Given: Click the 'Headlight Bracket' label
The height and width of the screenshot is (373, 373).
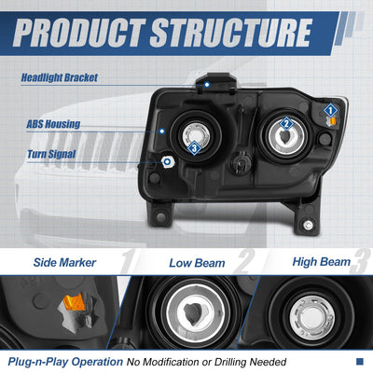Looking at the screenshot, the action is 60,77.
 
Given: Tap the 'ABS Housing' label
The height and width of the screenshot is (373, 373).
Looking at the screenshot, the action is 53,124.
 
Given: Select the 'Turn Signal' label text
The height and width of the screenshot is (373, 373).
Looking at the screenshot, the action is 51,154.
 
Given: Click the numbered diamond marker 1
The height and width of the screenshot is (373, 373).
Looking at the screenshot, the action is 330,110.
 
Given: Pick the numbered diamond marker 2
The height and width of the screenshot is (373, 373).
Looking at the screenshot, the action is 286,124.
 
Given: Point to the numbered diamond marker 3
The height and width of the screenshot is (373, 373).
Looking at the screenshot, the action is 194,148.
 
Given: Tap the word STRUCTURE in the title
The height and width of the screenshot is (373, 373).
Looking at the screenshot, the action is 231,33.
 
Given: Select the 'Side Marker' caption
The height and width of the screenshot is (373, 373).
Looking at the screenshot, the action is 64,263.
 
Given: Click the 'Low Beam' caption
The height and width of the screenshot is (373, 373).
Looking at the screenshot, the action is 197,263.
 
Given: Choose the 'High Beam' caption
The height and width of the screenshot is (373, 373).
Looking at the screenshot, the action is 322,262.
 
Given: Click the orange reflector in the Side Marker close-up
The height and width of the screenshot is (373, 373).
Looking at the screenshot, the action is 75,302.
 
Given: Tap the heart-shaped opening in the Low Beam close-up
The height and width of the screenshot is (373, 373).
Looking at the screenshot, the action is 193,312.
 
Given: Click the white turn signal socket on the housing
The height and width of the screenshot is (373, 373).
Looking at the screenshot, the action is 168,161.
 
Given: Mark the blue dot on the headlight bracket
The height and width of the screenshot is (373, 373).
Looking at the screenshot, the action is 207,85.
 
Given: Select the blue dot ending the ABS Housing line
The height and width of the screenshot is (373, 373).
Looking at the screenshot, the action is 161,131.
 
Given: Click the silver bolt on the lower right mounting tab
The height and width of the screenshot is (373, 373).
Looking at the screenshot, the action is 308,225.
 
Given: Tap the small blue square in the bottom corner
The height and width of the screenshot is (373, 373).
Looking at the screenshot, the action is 360,361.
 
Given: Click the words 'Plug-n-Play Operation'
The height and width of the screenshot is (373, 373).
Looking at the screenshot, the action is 65,362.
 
